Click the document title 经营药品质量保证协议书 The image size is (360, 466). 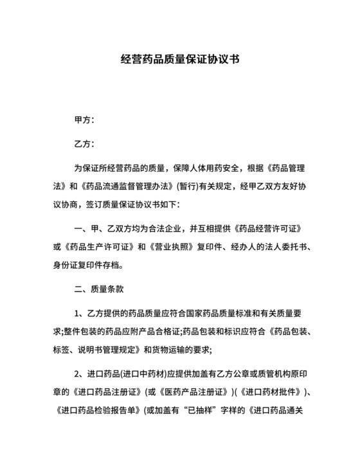[180, 60]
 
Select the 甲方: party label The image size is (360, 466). [85, 120]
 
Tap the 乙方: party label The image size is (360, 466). [85, 145]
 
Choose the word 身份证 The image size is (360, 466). [63, 265]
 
